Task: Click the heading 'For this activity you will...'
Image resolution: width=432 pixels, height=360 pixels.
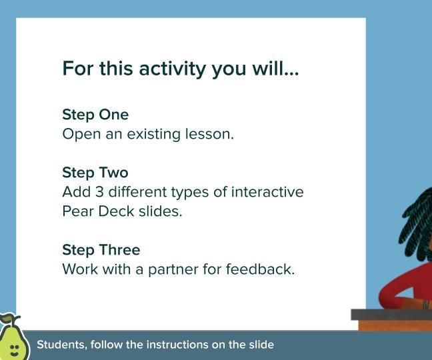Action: [180, 69]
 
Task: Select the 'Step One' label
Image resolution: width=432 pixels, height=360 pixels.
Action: [95, 115]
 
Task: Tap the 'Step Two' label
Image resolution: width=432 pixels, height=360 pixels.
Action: [95, 173]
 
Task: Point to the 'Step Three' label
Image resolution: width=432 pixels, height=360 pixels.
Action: [101, 250]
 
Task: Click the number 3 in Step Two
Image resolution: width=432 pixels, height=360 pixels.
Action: [98, 192]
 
